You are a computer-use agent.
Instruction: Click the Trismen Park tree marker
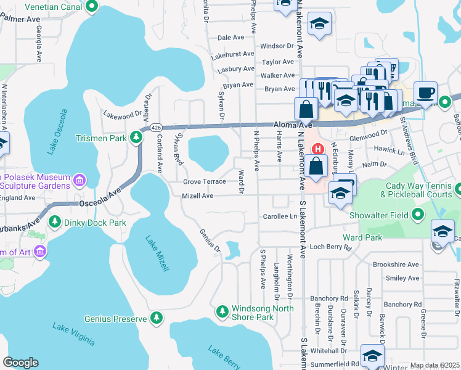pos(136,137)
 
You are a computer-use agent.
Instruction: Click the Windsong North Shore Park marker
pos(222,312)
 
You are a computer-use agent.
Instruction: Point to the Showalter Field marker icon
pos(419,215)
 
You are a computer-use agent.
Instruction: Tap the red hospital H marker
pos(318,149)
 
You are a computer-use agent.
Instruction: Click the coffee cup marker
pos(425,94)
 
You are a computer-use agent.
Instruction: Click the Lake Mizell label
pos(157,254)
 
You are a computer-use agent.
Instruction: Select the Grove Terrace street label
pos(205,182)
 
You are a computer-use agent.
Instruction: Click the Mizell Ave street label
pos(197,196)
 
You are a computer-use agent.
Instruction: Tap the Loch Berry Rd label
pos(330,247)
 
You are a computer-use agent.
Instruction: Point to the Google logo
pos(20,363)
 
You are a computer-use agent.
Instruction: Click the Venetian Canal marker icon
pos(92,7)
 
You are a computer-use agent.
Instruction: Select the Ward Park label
pos(362,237)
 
